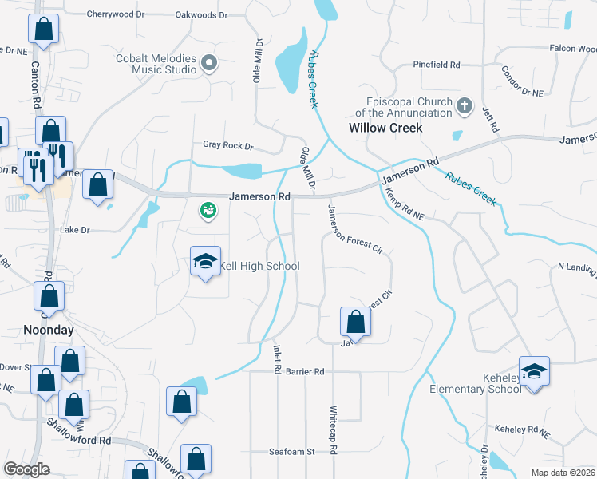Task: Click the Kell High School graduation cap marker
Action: pos(205,262)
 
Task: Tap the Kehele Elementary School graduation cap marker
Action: pos(534,371)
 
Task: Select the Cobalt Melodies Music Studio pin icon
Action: pos(210,63)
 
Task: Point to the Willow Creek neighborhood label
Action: pos(385,128)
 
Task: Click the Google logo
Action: pos(26,469)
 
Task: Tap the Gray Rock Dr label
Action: pos(227,146)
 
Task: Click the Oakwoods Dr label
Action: pos(201,15)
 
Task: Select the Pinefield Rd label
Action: pos(437,65)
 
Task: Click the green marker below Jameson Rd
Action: pos(208,210)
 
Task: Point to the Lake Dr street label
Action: pos(76,230)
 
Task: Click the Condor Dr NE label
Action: pos(522,81)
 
